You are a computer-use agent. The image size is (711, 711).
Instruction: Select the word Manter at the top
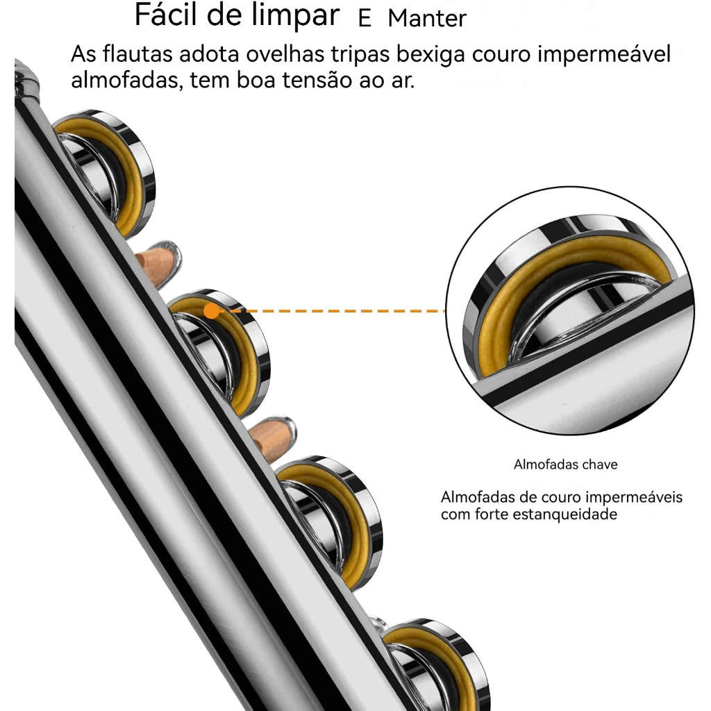427,19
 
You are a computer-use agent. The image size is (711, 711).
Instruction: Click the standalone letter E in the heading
365,19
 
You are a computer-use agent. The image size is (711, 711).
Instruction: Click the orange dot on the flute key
211,311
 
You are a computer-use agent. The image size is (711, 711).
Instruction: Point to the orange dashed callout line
333,311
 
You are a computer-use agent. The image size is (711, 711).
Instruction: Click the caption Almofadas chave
565,465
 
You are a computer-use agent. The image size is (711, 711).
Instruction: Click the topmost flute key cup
104,170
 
